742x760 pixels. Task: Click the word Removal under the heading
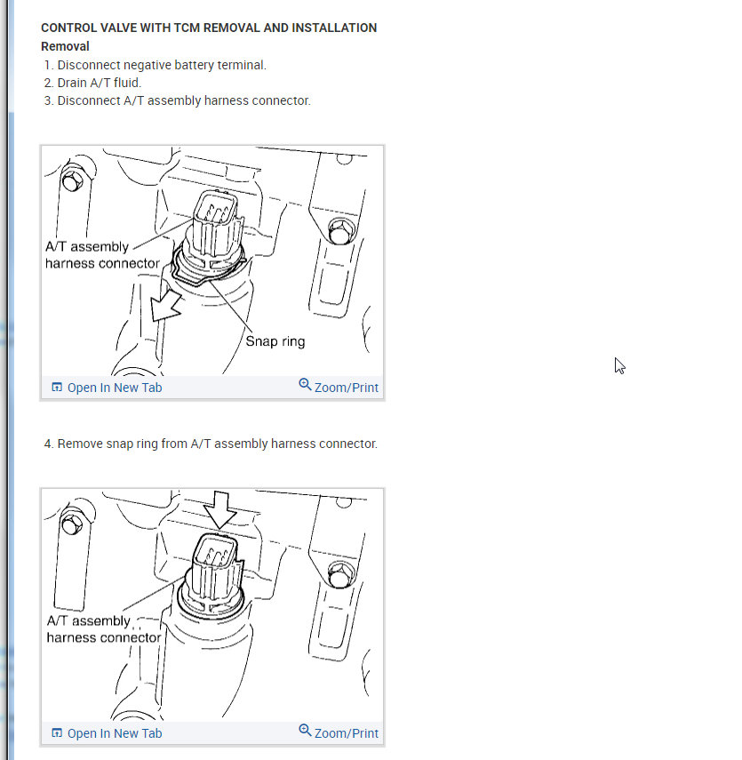pos(65,46)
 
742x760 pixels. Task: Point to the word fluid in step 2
pos(127,83)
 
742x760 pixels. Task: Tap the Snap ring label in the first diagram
pos(275,341)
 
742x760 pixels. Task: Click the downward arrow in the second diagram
pos(220,510)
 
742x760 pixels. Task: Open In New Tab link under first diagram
pos(108,388)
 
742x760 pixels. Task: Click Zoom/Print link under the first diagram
pos(339,387)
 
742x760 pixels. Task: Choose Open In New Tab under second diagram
pos(108,733)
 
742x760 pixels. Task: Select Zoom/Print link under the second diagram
pos(339,732)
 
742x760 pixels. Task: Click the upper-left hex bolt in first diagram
pos(73,181)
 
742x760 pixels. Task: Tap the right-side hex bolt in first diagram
pos(341,231)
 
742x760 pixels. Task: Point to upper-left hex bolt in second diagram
pos(73,524)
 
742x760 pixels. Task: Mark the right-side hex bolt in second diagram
pos(341,574)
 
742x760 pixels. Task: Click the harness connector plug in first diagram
pos(216,223)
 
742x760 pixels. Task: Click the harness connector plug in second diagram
pos(216,566)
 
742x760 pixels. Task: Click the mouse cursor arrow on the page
pos(620,366)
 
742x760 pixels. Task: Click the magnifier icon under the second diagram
pos(305,730)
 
